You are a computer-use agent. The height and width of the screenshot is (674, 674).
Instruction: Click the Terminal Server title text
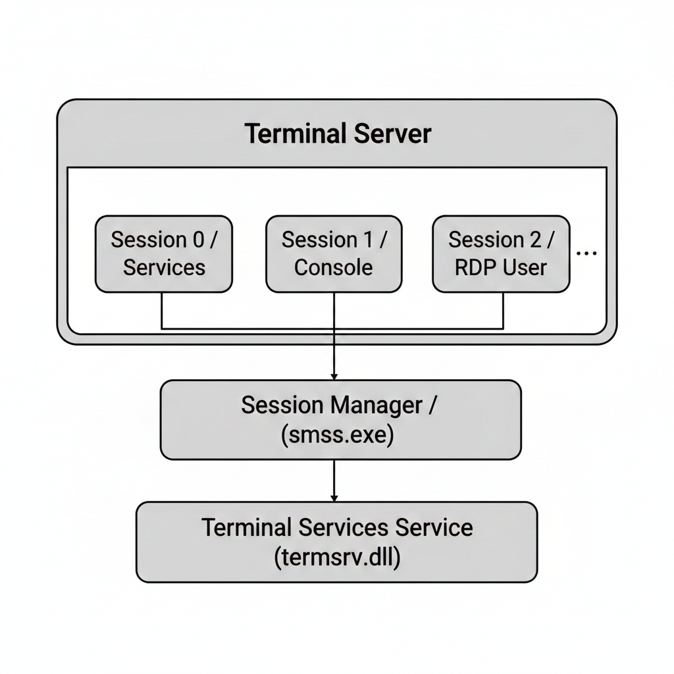tap(338, 134)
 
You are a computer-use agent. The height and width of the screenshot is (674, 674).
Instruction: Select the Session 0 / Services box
tap(164, 253)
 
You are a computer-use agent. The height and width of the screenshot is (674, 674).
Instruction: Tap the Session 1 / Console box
tap(334, 253)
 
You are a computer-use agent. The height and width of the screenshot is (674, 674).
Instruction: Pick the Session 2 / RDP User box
tap(501, 253)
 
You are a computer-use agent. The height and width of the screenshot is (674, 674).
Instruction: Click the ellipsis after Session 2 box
tap(586, 253)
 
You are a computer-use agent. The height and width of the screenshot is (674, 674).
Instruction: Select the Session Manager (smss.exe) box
tap(340, 419)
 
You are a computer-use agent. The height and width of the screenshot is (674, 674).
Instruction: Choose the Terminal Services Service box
tap(336, 542)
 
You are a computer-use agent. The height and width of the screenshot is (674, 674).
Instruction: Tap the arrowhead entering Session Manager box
tap(334, 376)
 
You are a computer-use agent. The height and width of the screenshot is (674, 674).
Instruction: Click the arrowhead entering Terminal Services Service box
tap(334, 498)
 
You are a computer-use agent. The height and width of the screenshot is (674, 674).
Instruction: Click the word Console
tap(334, 267)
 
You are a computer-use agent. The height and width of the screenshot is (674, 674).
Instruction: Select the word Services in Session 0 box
tap(164, 267)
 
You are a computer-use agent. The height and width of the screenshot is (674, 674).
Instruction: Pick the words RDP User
tap(501, 267)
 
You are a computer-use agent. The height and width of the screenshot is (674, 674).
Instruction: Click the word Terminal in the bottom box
tap(246, 527)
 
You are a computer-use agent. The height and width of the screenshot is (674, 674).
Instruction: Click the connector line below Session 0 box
tap(163, 309)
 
